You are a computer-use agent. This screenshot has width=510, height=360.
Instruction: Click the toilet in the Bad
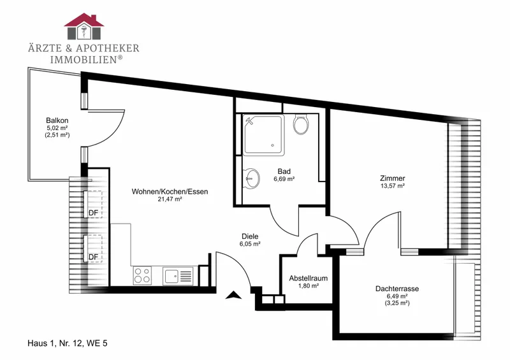click(301, 124)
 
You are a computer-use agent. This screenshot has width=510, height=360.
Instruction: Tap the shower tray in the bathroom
click(264, 134)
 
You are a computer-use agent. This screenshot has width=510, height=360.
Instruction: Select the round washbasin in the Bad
click(251, 178)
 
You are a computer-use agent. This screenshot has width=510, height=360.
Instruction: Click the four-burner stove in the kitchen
click(142, 275)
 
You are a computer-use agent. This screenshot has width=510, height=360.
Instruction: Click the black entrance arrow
click(234, 294)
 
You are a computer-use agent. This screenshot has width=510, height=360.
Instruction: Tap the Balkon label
click(57, 120)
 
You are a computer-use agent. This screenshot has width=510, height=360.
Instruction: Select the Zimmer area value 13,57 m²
click(393, 185)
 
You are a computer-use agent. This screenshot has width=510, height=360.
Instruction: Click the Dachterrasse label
click(397, 289)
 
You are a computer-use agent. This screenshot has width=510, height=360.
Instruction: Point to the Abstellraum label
click(309, 278)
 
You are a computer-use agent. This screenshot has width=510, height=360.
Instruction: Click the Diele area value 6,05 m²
click(250, 244)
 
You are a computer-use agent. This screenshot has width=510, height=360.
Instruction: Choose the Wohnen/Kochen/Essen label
click(170, 192)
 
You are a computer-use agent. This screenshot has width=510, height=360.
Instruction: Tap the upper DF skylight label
click(93, 213)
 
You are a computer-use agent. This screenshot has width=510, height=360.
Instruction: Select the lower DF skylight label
click(93, 257)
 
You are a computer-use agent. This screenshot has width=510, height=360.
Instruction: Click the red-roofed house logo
click(84, 26)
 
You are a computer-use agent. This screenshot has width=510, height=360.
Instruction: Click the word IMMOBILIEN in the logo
click(84, 60)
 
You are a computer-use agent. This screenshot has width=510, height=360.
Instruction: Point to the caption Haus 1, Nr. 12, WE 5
click(68, 343)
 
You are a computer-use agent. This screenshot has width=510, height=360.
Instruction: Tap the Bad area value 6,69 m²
click(284, 178)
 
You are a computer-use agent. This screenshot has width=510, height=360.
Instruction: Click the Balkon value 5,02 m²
click(57, 128)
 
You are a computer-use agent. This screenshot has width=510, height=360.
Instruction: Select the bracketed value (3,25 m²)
click(397, 303)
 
